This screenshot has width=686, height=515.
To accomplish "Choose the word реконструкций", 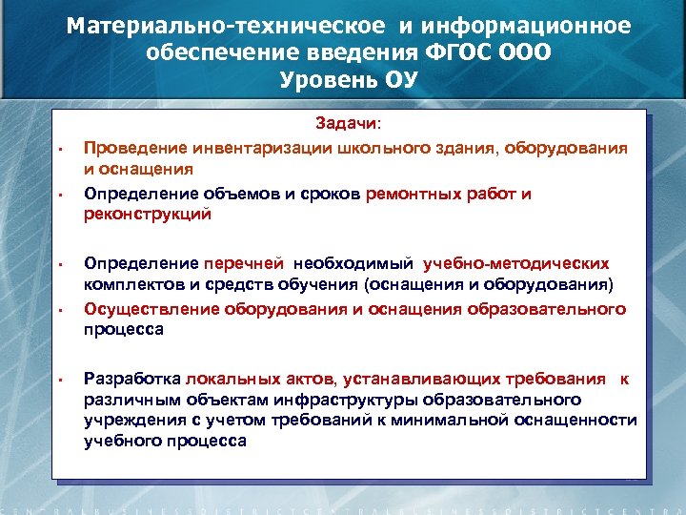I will click(147, 215).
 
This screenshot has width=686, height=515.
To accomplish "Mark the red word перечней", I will click(244, 262).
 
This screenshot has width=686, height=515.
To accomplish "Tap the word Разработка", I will click(132, 378).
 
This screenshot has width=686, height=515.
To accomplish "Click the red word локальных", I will click(231, 378).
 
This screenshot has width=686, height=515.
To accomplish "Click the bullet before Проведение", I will click(58, 150).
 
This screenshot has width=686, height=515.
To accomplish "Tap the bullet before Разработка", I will click(58, 380).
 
